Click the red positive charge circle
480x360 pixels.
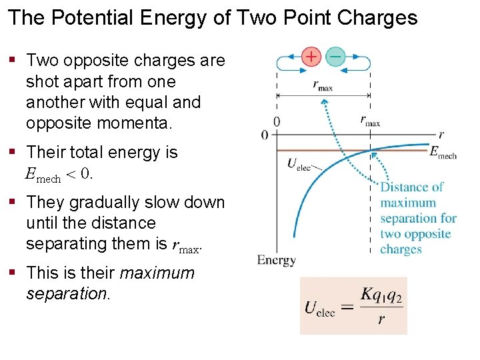[311, 57]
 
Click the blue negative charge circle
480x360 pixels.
[335, 57]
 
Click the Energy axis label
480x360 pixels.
[276, 260]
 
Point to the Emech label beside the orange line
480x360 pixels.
[443, 153]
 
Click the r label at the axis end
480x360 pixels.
[441, 133]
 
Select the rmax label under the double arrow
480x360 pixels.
[323, 85]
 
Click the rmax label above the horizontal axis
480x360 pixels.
[370, 121]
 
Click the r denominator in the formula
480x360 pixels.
[381, 319]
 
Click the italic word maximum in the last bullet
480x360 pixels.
[157, 273]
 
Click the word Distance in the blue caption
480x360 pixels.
[401, 187]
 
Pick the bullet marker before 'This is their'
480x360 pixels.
[13, 273]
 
